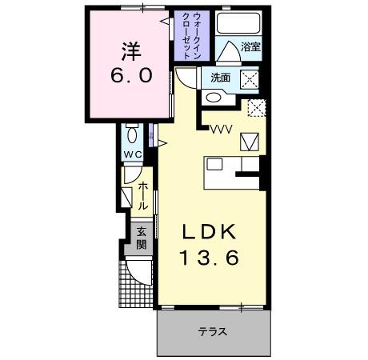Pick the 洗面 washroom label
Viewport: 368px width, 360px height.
[x=221, y=78]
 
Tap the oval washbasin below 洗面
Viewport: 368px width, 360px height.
[x=214, y=98]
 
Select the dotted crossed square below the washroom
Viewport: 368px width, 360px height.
[x=255, y=108]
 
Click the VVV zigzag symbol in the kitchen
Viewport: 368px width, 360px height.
[x=221, y=127]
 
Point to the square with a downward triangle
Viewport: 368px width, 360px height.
[x=250, y=141]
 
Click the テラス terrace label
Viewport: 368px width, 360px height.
[x=213, y=331]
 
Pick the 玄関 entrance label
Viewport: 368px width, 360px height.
[x=141, y=238]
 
